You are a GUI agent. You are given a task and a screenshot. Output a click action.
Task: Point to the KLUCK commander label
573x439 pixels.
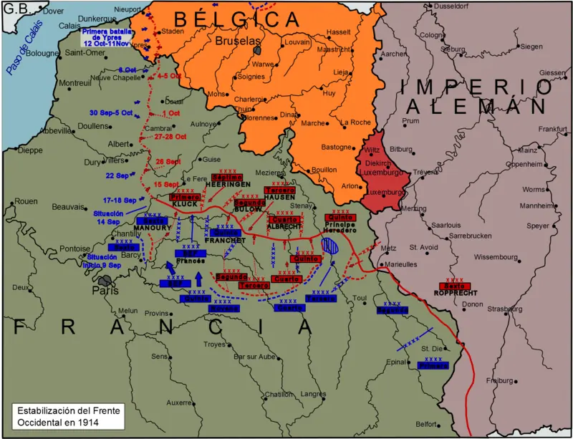184,204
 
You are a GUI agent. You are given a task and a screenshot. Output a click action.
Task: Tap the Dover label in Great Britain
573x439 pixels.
53,11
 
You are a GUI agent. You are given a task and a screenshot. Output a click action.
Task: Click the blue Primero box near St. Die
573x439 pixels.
432,365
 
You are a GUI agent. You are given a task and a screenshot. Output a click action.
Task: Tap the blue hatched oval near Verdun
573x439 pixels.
330,246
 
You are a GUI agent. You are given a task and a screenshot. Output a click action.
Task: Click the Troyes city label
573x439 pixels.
216,344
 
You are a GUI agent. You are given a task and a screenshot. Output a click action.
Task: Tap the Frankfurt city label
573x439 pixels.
552,129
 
